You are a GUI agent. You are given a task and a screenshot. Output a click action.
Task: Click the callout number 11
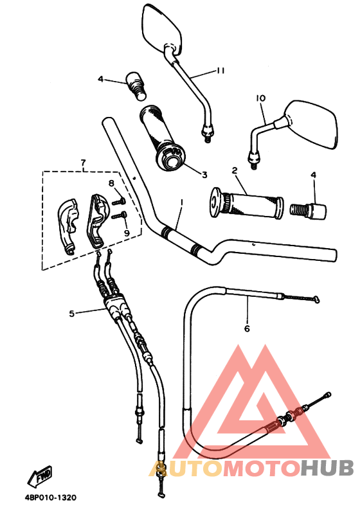[x=221, y=71]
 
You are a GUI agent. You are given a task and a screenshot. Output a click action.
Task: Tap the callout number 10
[x=260, y=98]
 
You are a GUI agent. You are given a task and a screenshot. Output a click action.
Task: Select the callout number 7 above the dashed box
[x=84, y=163]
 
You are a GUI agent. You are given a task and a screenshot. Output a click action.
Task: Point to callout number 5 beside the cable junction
[x=72, y=313]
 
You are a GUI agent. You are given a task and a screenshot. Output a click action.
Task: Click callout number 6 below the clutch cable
[x=247, y=328]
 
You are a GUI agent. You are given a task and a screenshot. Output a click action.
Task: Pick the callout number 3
[x=204, y=175]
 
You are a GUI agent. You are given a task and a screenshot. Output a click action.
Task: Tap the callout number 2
[x=235, y=170]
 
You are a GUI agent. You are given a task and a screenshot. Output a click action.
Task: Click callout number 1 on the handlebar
[x=182, y=202]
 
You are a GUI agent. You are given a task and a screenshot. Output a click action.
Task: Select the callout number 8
[x=112, y=184]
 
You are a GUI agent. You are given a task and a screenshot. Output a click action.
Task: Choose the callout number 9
[x=127, y=233]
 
